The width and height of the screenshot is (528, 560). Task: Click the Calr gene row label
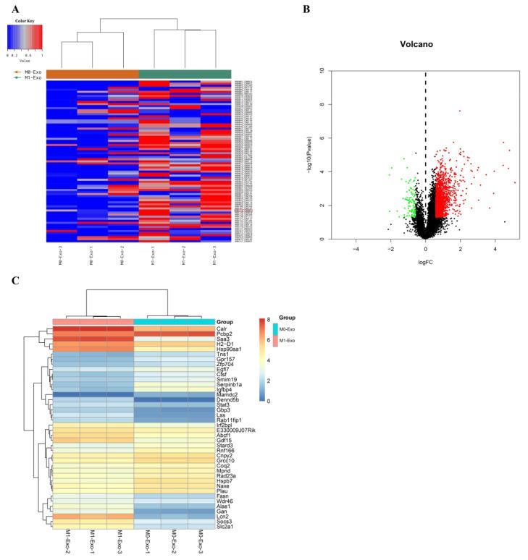tap(224, 328)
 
